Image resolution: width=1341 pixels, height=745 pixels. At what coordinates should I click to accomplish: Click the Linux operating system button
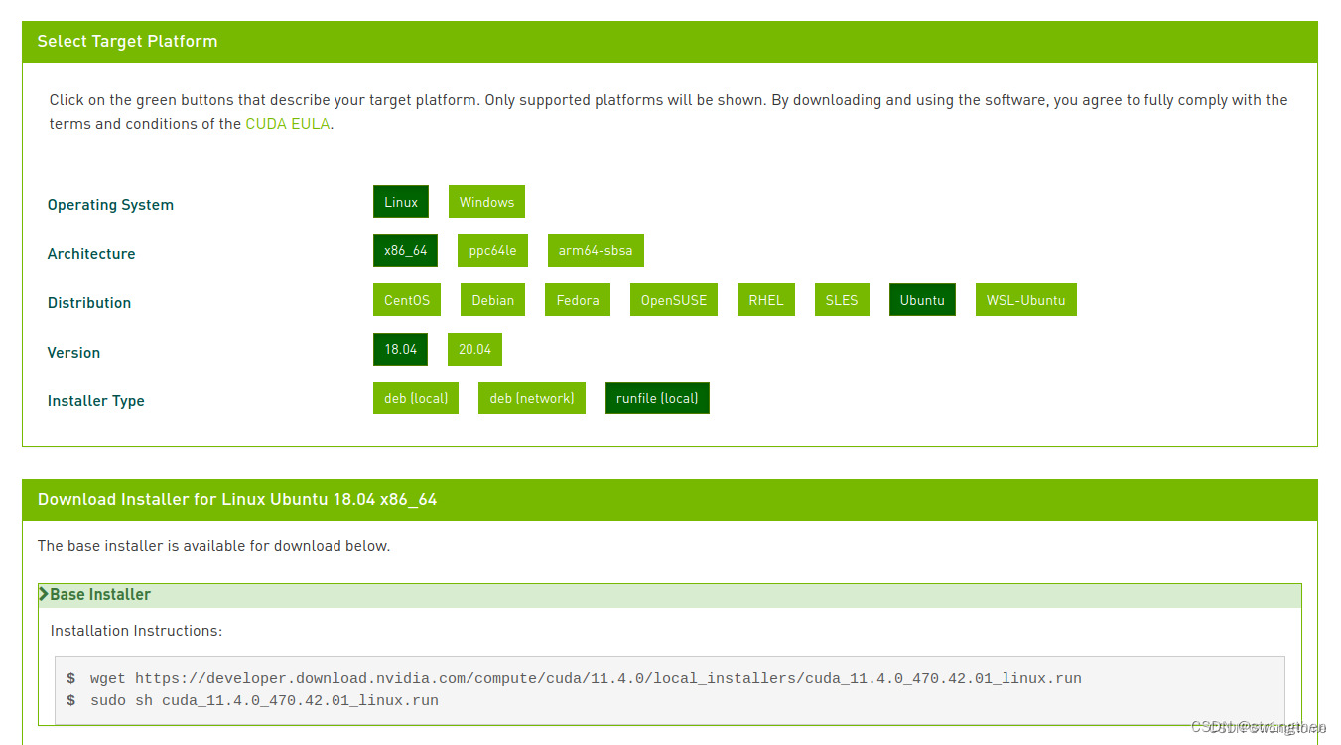pos(400,202)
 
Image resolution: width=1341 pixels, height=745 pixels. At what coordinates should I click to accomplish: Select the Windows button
pos(486,202)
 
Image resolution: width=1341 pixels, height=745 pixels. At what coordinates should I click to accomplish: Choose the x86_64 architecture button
pos(405,250)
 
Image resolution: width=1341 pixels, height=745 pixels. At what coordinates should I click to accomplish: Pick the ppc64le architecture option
pos(492,250)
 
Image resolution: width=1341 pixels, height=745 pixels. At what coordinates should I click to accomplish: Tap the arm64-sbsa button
pos(596,250)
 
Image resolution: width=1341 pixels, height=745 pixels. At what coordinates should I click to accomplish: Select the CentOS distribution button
pos(407,299)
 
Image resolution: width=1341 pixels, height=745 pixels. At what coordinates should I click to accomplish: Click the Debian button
pos(492,299)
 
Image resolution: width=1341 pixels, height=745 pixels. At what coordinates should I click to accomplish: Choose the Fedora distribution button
pos(577,299)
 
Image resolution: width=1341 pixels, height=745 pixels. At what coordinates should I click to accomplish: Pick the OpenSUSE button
pos(674,299)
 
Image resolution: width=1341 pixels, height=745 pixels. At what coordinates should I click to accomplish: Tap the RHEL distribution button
pos(765,299)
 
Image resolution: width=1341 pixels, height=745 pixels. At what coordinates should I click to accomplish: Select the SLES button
pos(842,299)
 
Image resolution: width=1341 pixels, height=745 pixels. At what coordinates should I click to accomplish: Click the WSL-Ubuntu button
pos(1025,299)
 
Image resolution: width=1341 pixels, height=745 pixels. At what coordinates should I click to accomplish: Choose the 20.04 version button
pos(474,349)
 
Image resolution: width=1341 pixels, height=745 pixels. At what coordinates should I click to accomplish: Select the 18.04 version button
pos(400,349)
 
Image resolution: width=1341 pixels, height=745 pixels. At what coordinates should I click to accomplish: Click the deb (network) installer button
pos(532,398)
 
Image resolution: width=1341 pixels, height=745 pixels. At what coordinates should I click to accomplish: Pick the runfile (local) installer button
pos(657,398)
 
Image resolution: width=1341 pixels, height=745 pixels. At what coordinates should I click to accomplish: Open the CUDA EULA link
pos(288,124)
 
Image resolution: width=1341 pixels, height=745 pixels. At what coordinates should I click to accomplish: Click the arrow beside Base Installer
pos(43,594)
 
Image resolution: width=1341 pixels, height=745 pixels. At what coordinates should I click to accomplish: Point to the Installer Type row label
pos(95,400)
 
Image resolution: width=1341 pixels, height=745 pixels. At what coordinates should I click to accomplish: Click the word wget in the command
pos(108,678)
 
